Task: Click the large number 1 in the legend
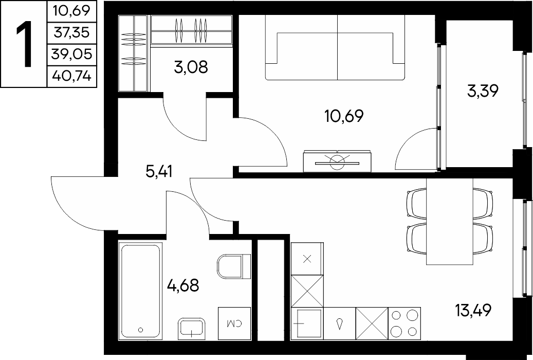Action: tap(24, 44)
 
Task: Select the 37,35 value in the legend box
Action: tap(72, 33)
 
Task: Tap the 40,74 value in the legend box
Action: tap(72, 76)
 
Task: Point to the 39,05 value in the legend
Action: tap(72, 54)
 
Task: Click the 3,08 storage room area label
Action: tap(191, 67)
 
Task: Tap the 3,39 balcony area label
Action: tap(483, 91)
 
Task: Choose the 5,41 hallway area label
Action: tap(159, 172)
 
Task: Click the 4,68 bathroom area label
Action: tap(183, 285)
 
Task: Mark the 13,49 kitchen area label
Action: tap(473, 310)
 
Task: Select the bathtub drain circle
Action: tap(140, 329)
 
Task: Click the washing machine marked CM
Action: tap(234, 323)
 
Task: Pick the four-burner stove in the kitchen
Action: tap(404, 323)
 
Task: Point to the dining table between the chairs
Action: tap(449, 221)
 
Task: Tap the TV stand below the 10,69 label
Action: tap(337, 161)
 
